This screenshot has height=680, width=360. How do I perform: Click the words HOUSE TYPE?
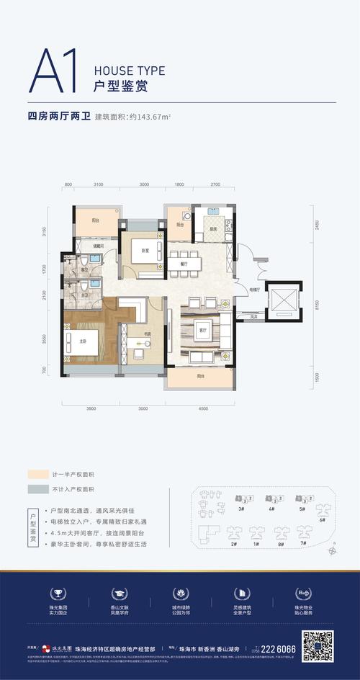130,71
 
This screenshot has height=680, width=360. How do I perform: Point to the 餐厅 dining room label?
184,264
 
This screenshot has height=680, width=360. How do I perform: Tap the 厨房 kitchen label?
214,229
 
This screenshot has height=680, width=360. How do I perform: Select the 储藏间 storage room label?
99,246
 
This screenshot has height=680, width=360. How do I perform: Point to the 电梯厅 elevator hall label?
254,289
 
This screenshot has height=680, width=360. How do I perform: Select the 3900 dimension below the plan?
91,408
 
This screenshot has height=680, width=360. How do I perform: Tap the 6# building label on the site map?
322,519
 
